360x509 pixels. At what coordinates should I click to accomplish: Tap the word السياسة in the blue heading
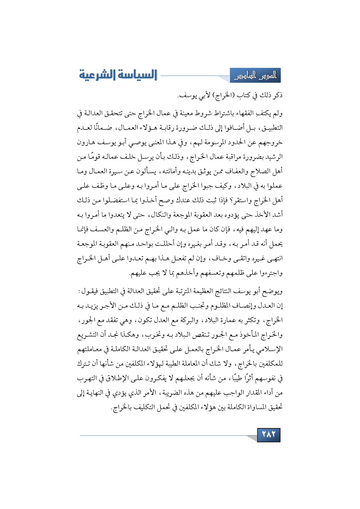pos(136,75)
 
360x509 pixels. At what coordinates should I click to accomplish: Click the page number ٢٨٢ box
pos(269,435)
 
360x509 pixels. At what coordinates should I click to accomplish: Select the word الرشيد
pos(273,157)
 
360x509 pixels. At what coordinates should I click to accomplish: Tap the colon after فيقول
pos(79,291)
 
